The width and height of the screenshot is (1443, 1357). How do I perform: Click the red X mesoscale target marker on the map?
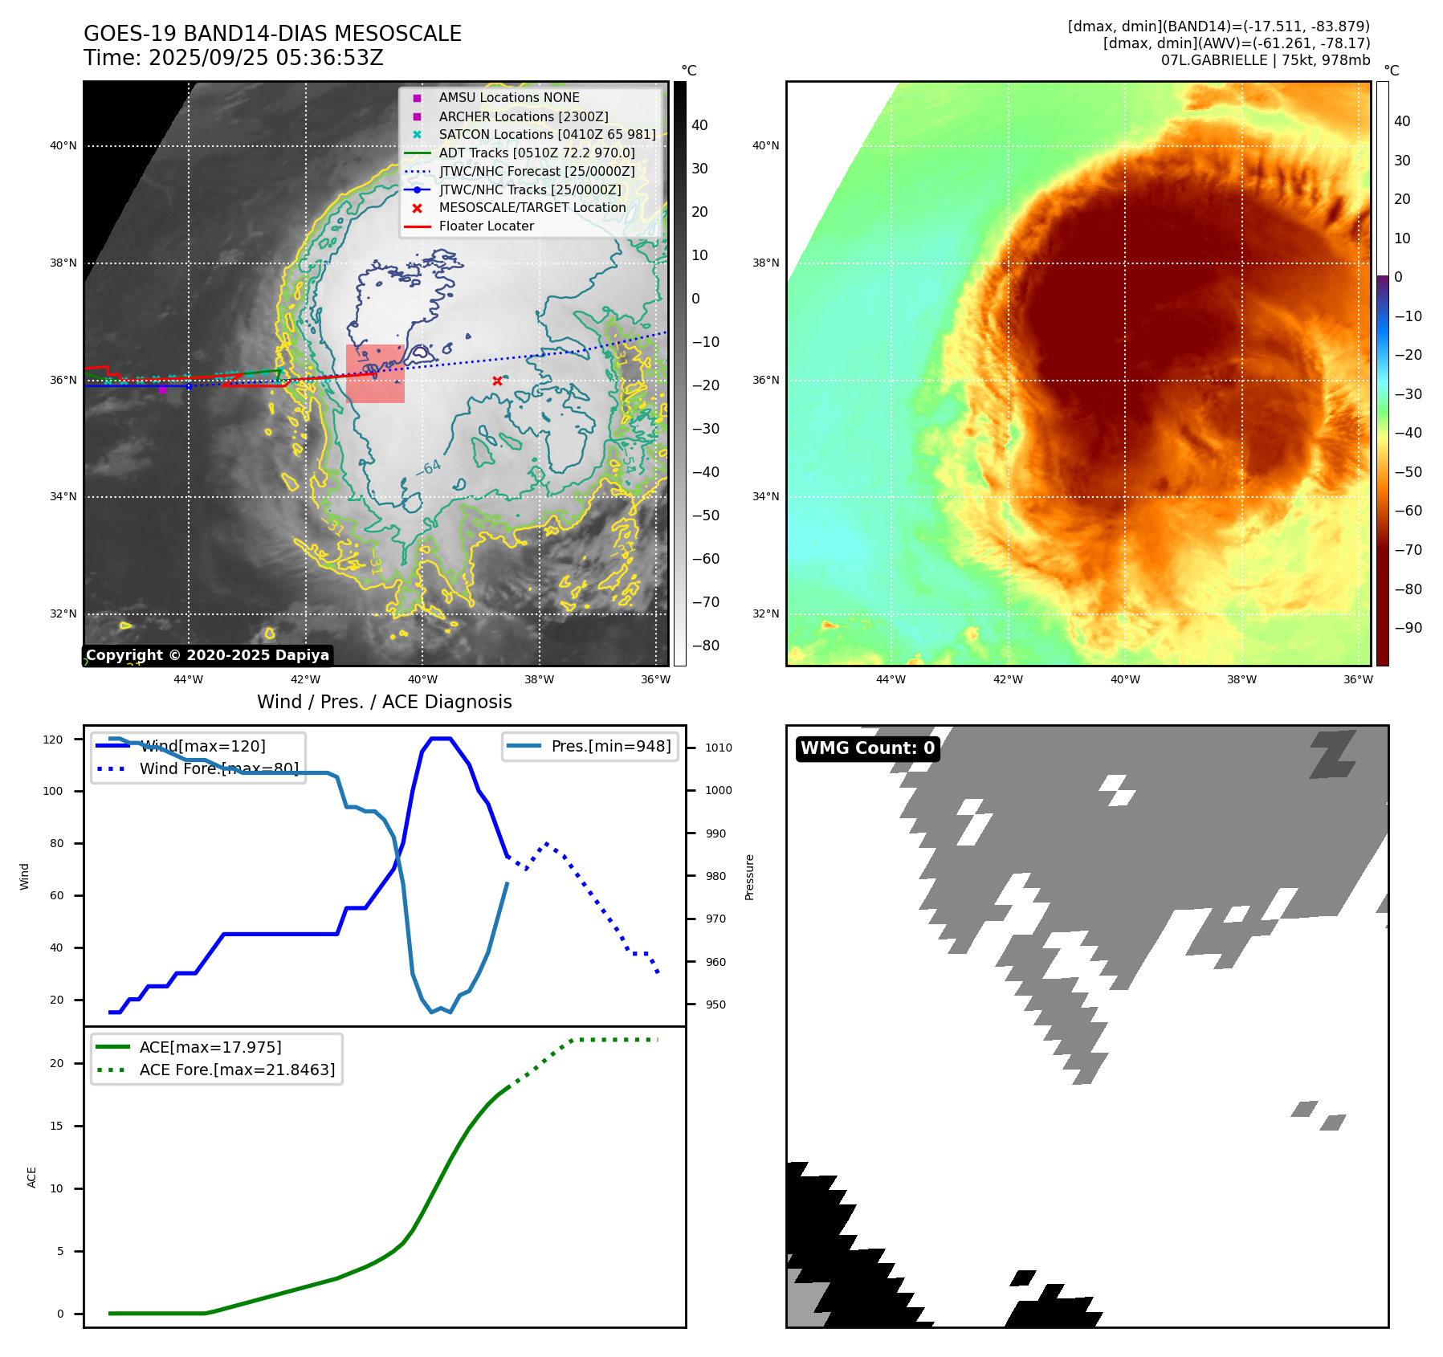tap(497, 381)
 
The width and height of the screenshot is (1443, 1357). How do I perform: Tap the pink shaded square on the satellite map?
tap(375, 373)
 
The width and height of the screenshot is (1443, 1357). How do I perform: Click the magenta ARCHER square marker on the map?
tap(162, 389)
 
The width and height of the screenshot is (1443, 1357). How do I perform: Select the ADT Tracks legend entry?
tap(536, 153)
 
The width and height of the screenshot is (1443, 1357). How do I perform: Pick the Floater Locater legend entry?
tap(486, 226)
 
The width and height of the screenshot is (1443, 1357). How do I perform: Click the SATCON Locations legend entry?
tap(546, 134)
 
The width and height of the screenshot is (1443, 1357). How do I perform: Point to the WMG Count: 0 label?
tap(867, 748)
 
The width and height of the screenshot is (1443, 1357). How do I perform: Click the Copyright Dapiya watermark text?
tap(207, 655)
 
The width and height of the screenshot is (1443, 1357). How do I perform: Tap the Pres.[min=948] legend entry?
tap(610, 746)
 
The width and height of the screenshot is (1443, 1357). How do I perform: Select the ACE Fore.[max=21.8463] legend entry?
tap(237, 1070)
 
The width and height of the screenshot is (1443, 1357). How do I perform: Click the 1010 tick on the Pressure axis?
tap(718, 748)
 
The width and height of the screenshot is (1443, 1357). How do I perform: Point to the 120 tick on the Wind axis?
tap(53, 740)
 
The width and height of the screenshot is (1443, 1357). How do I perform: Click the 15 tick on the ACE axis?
tap(57, 1126)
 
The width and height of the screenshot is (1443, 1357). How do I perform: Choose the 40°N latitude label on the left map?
tap(63, 146)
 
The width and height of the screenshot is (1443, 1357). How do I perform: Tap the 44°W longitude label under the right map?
tap(891, 680)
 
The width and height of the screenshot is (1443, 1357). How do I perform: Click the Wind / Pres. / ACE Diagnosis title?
tap(384, 702)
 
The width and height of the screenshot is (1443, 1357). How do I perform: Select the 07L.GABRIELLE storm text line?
tap(1265, 60)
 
